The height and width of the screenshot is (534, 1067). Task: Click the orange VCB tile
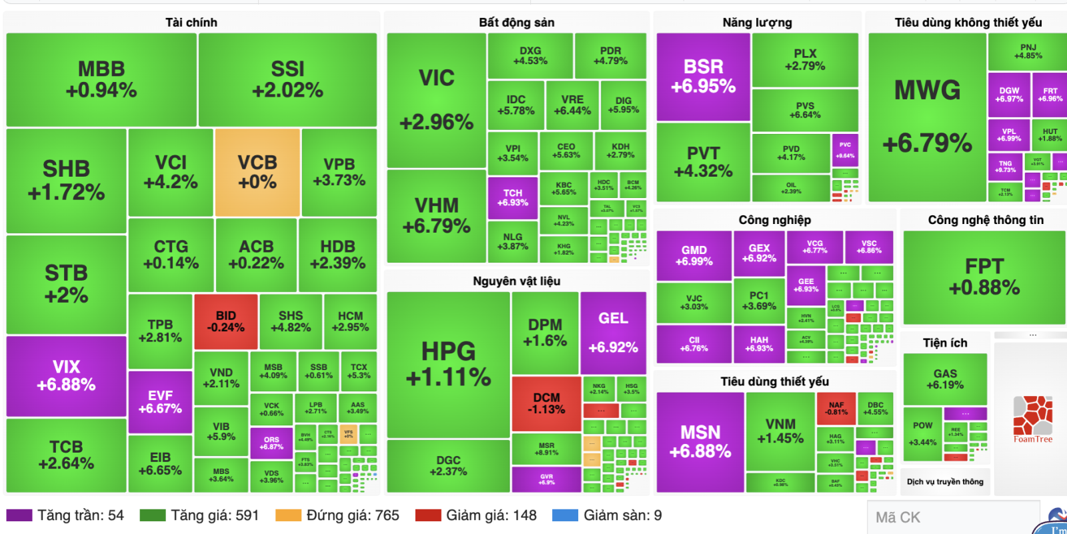point(257,172)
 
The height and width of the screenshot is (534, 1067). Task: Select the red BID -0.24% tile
point(225,321)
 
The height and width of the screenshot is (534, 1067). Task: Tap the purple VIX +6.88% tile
point(66,376)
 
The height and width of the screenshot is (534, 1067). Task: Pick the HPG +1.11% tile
point(448,364)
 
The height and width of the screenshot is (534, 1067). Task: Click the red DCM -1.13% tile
point(546,403)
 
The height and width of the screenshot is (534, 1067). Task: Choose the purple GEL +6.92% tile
point(613,332)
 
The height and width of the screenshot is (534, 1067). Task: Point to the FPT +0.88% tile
point(984,277)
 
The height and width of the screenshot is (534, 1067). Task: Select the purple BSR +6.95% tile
point(703,76)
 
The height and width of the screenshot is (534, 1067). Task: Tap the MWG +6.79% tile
point(927,117)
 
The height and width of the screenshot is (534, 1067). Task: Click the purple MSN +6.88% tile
point(700,441)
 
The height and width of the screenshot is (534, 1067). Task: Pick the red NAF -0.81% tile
point(836,409)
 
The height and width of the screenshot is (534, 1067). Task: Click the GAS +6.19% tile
point(945,379)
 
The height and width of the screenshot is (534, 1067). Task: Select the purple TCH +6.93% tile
point(512,197)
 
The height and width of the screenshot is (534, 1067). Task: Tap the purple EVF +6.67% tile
point(160,402)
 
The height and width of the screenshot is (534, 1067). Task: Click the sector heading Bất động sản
point(516,23)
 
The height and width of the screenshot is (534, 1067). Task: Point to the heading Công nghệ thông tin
point(986,220)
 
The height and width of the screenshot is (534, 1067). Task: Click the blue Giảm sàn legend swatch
point(565,515)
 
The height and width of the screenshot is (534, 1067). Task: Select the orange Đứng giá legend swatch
point(288,515)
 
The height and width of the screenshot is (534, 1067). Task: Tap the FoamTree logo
point(1033,419)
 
